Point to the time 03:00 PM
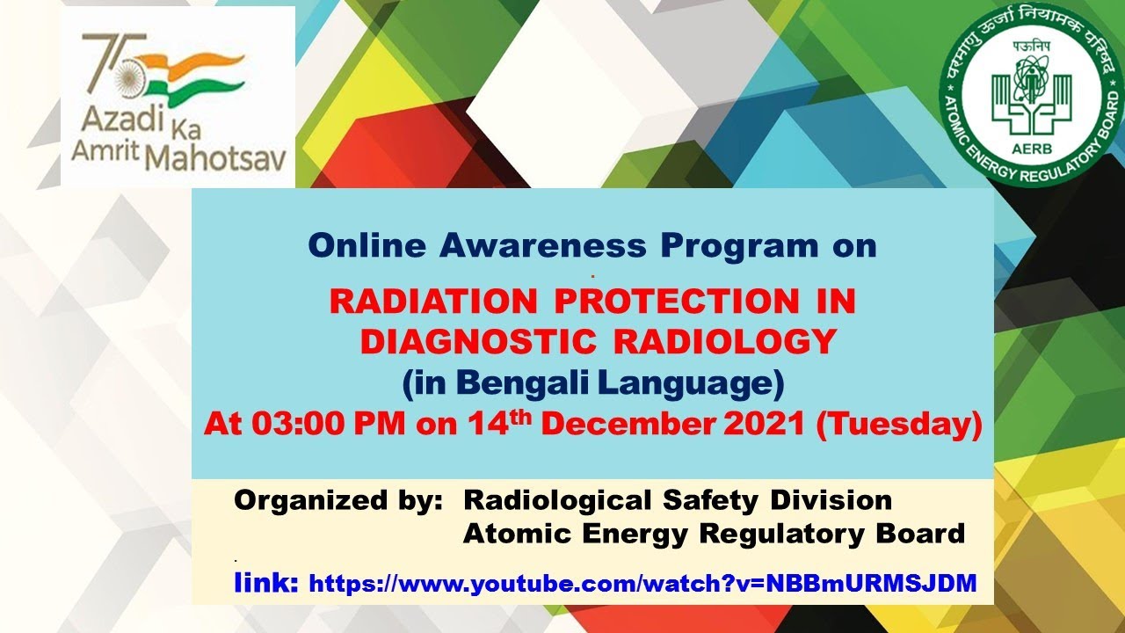click(x=330, y=426)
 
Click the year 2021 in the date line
click(x=765, y=426)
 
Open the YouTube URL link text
click(x=642, y=583)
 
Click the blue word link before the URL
click(x=265, y=582)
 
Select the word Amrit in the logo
click(x=104, y=151)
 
